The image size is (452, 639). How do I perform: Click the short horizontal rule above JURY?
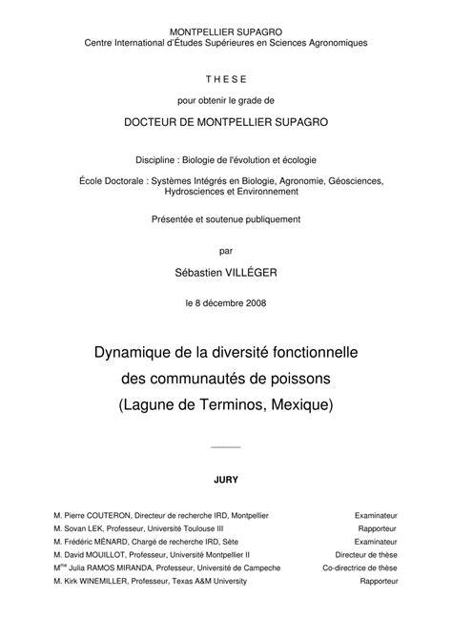[x=226, y=445]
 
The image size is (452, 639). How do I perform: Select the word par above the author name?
[x=226, y=252]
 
